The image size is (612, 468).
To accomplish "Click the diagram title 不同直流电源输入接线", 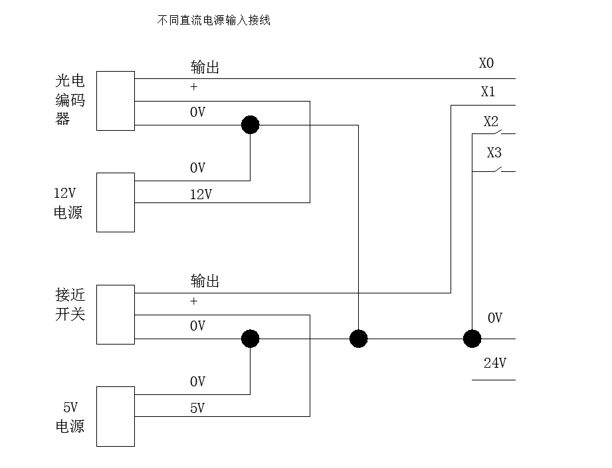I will point(213,21).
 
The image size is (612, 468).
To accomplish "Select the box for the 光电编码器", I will point(116,101).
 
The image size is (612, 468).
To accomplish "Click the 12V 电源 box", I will point(116,202).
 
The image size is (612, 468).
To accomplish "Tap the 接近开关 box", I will point(116,315).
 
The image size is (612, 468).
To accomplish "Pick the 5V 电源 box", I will point(116,416).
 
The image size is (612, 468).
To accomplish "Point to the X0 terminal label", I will point(486,64).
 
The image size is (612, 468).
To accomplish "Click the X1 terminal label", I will point(488,92).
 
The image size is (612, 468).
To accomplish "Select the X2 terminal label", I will point(491,122).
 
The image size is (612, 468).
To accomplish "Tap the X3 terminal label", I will point(494,153).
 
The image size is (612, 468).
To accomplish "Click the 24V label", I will point(495,363).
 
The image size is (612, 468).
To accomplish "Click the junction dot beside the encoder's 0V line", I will point(250,125).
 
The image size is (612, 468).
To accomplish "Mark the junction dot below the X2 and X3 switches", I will point(472,339).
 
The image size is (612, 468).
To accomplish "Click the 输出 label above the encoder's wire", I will point(205,67).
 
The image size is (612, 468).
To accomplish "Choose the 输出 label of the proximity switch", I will point(205,281).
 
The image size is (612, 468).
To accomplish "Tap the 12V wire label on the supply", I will point(201,195).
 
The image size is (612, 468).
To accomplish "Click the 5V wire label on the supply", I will point(197,408).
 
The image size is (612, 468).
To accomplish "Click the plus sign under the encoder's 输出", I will point(194,87).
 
